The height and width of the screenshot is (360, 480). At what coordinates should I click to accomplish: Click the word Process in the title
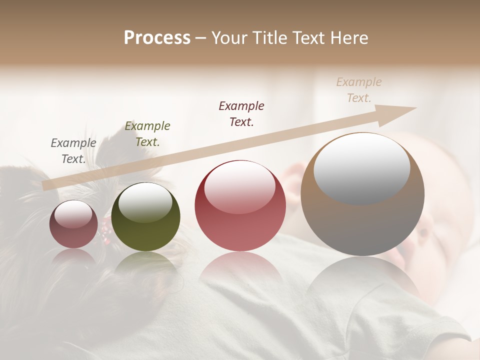click(x=157, y=38)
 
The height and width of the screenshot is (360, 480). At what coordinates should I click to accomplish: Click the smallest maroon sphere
click(x=73, y=224)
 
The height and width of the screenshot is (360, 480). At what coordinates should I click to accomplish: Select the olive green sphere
click(x=145, y=216)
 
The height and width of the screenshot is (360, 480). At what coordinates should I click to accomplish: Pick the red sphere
click(x=240, y=205)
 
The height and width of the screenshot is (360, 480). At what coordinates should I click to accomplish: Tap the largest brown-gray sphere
click(x=362, y=194)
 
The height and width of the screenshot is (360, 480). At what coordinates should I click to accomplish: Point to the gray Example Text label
click(x=73, y=151)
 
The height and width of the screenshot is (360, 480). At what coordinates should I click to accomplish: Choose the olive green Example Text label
click(x=147, y=134)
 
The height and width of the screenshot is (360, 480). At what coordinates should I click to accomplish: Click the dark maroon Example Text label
click(x=241, y=114)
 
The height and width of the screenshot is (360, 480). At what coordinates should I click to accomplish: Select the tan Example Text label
click(x=359, y=90)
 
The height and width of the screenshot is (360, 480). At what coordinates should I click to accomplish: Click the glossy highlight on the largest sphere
click(x=361, y=167)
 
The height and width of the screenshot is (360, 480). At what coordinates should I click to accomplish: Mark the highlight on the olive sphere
click(x=145, y=202)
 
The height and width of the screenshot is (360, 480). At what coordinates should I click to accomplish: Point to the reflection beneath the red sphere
click(x=240, y=270)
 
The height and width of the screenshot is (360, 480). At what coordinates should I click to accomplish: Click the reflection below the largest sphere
click(x=362, y=280)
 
